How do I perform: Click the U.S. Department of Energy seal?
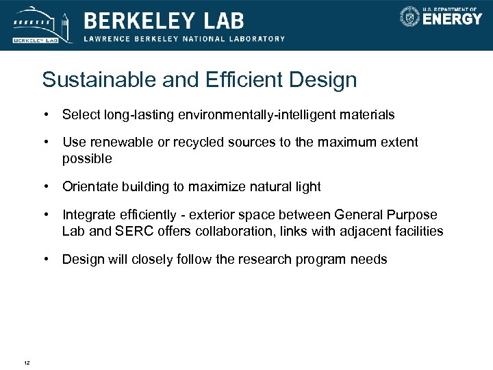coord(410,16)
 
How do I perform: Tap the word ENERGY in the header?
coord(452,19)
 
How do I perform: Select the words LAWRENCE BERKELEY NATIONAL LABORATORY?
coord(184,39)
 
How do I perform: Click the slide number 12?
coord(26,362)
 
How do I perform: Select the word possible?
coord(87,159)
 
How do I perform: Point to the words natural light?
coord(290,187)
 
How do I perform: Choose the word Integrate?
coord(88,215)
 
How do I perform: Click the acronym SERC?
coord(129,232)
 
